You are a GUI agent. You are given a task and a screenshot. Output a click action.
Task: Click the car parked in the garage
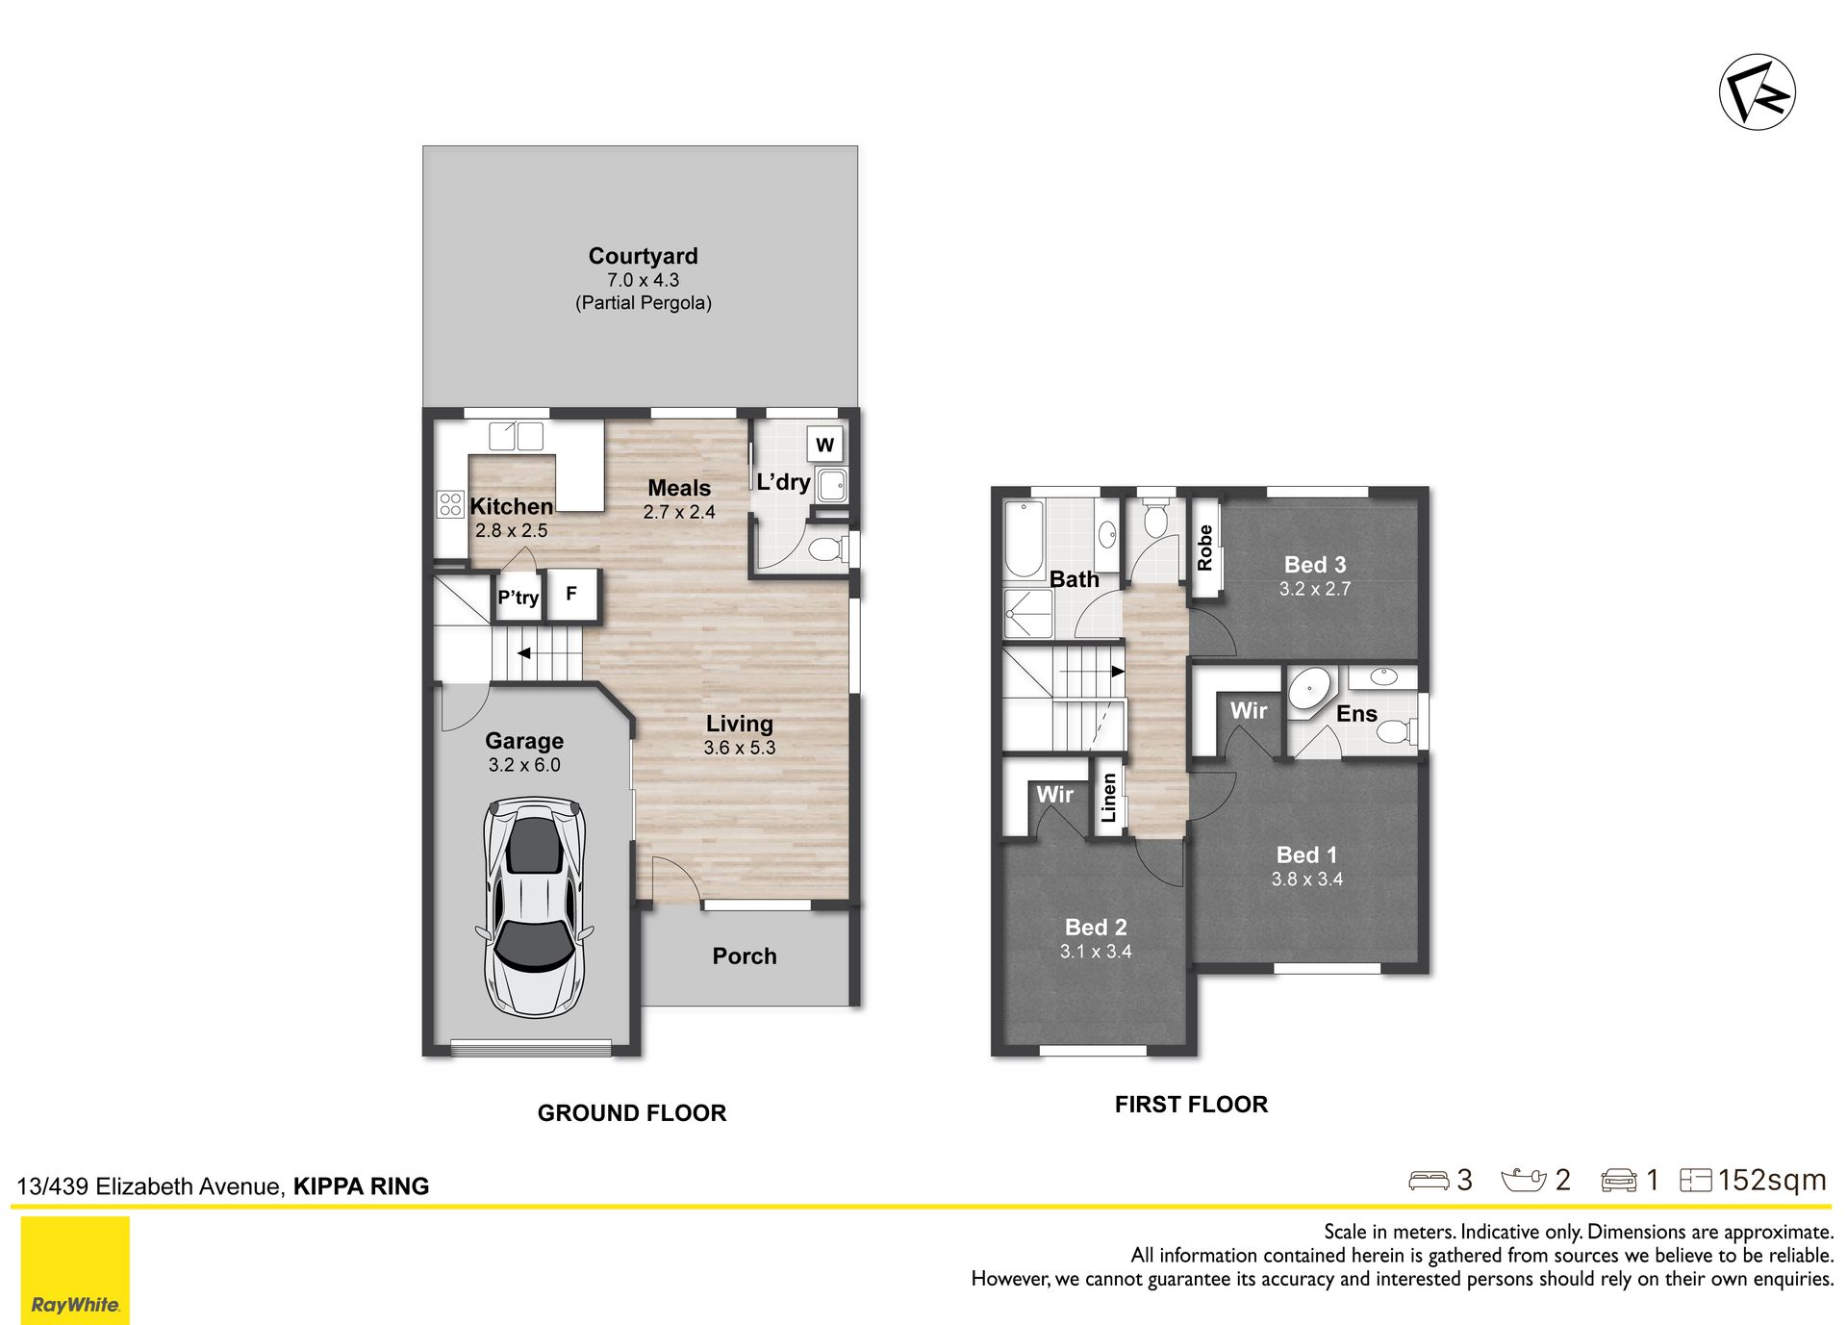534,906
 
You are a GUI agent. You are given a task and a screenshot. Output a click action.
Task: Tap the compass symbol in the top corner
1758,92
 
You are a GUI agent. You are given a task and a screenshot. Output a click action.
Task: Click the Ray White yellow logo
75,1270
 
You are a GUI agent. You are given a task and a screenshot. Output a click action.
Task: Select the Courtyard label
643,256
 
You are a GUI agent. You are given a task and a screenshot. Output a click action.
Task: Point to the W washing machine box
824,445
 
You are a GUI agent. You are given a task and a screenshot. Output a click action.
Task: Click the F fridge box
572,595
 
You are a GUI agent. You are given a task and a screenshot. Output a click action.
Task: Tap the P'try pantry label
518,598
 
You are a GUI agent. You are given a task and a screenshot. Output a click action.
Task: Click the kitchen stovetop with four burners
450,504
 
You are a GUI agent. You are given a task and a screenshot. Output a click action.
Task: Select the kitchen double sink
516,436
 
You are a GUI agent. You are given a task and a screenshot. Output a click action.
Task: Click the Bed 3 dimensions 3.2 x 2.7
1314,589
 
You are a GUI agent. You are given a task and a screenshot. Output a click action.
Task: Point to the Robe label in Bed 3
1204,548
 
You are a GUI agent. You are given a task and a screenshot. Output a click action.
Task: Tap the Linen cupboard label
1109,798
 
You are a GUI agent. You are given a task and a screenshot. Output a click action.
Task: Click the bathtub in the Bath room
1024,539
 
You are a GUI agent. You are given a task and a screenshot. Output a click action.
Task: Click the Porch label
744,956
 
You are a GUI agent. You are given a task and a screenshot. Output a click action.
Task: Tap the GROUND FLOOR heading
631,1113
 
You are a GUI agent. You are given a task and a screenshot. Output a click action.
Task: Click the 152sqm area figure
1771,1180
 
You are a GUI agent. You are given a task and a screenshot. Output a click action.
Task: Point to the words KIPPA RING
361,1186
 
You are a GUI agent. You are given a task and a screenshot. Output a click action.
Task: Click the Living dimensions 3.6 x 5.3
739,748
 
